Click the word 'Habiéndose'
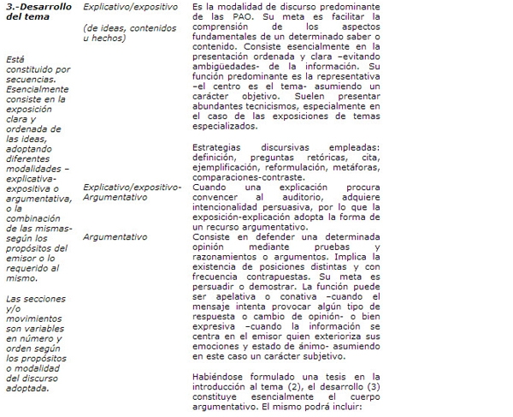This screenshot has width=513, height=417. click(221, 378)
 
